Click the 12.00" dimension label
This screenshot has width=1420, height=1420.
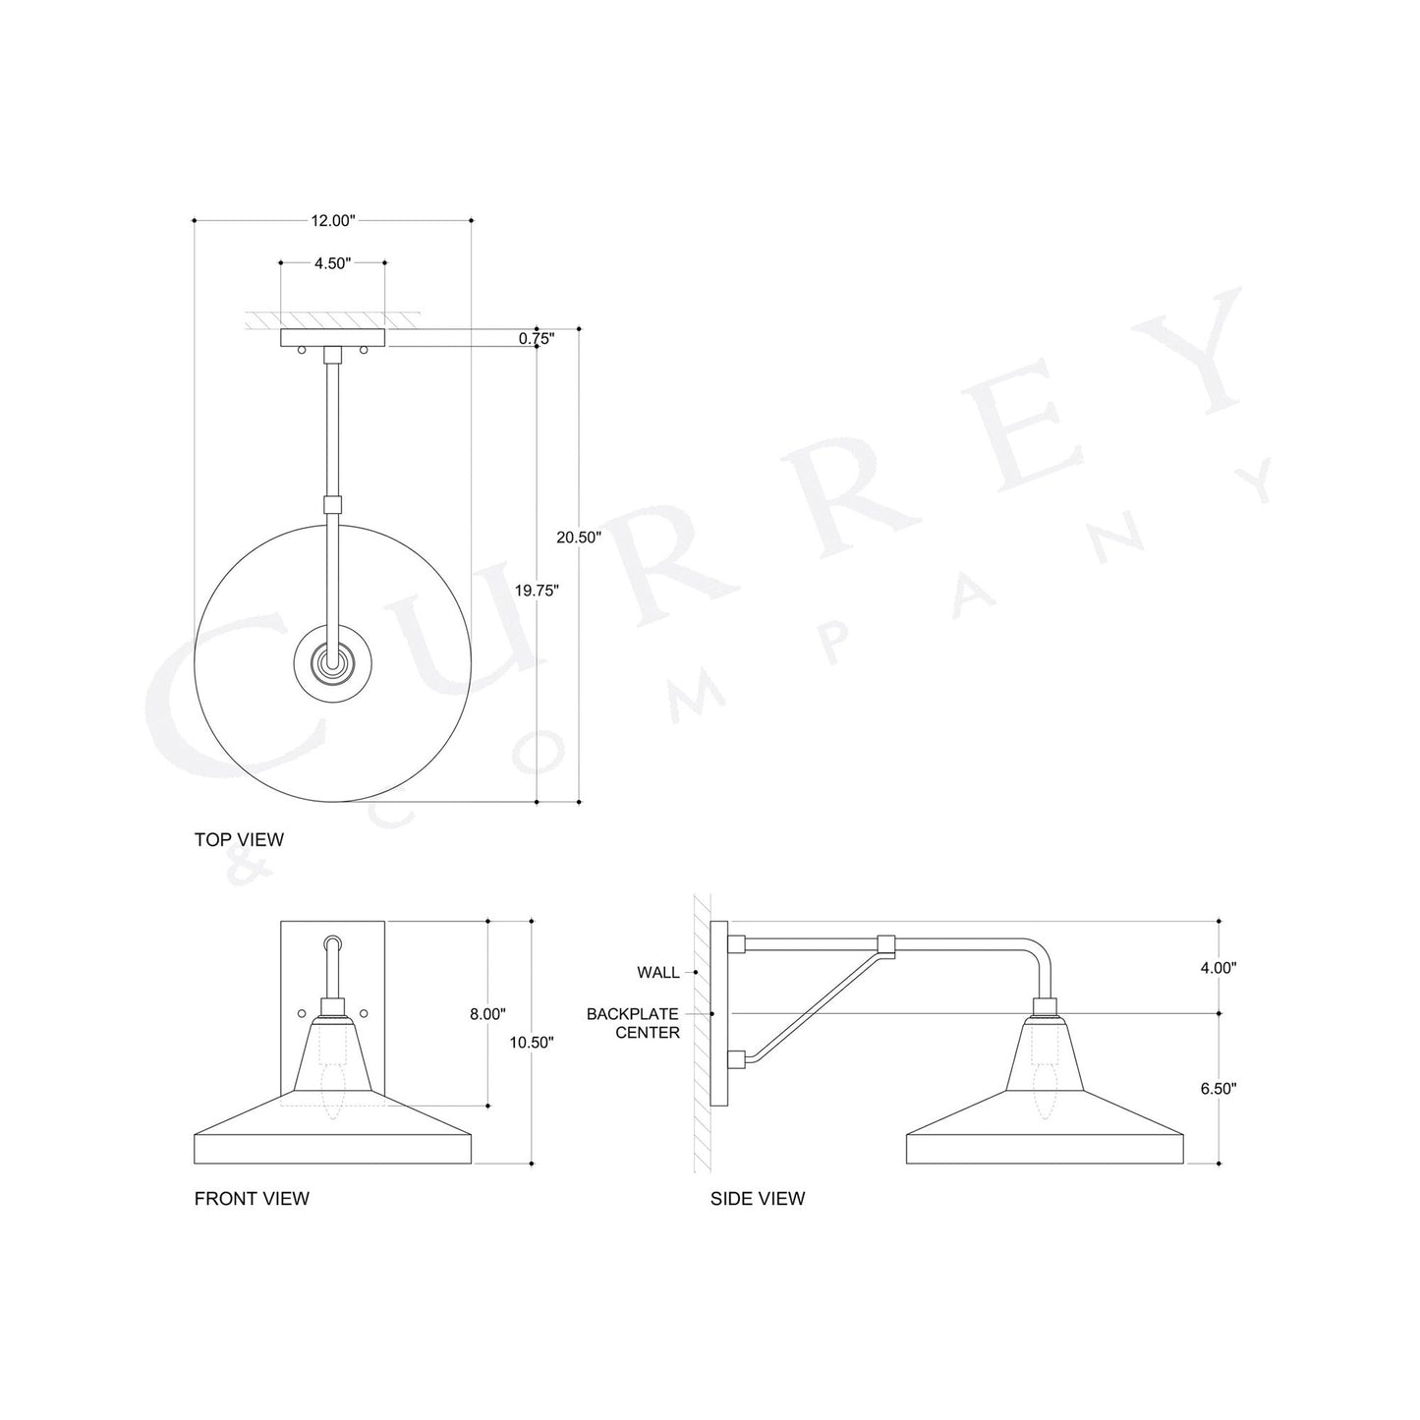click(332, 221)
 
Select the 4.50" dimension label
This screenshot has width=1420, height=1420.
click(332, 263)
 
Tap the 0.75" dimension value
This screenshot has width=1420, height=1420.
click(537, 339)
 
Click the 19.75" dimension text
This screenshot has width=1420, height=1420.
click(537, 591)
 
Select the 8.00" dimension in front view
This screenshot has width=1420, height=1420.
click(487, 1014)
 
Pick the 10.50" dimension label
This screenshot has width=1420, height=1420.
click(531, 1043)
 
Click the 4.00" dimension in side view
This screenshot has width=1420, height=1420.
click(1218, 967)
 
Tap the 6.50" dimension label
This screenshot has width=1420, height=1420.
click(1218, 1089)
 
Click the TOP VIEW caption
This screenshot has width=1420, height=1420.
click(239, 839)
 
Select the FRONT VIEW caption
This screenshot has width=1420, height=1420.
click(252, 1198)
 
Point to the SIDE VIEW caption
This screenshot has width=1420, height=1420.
click(757, 1198)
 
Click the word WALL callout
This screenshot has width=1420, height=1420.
click(657, 973)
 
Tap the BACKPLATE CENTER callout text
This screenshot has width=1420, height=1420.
click(633, 1023)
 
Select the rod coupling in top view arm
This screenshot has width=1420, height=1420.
click(333, 506)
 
